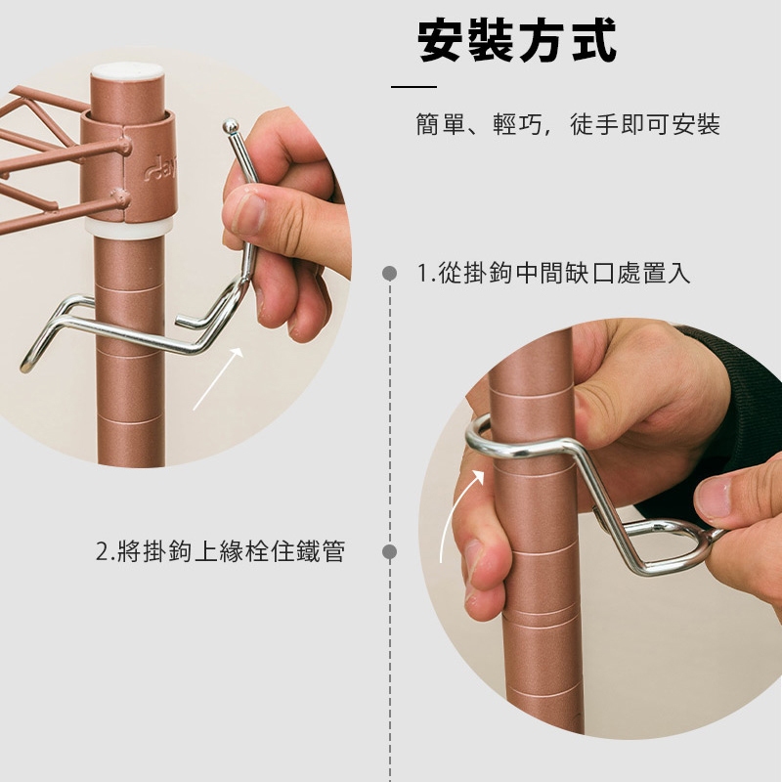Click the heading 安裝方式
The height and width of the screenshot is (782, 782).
click(517, 41)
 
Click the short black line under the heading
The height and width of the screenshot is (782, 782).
click(413, 87)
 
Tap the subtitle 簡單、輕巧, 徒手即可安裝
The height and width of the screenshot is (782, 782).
click(568, 124)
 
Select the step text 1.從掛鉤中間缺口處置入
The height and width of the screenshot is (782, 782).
click(553, 273)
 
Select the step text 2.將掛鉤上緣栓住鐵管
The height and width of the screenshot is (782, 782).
click(221, 551)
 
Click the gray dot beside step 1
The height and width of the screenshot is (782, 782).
click(389, 274)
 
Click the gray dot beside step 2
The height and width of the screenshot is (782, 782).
click(389, 551)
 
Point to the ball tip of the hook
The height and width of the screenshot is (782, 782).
click(230, 126)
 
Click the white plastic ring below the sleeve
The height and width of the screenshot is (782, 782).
click(129, 227)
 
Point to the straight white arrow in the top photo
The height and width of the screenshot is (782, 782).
click(218, 379)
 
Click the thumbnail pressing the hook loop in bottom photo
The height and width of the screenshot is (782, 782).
click(714, 498)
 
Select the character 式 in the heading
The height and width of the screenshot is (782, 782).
click(594, 41)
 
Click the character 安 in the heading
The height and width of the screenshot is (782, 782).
click(441, 41)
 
